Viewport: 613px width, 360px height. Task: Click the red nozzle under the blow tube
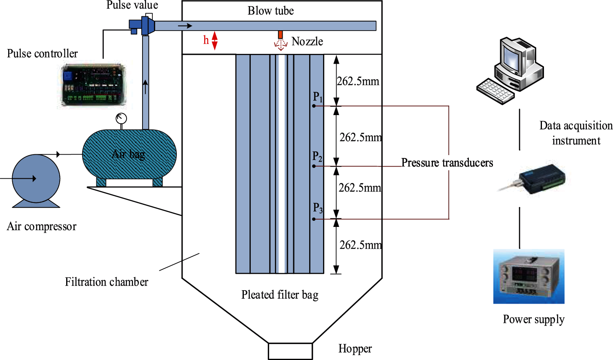[281, 35]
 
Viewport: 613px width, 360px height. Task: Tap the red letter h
[206, 40]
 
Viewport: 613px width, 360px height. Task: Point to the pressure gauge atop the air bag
[121, 119]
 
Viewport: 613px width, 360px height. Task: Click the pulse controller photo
[93, 86]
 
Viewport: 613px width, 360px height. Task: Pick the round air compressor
[36, 179]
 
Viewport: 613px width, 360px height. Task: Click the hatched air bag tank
[129, 154]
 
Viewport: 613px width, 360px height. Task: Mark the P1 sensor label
[318, 97]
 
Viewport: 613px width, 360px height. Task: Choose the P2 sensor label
[317, 157]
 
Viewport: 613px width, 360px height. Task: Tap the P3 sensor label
[318, 208]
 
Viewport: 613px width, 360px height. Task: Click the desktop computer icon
[510, 69]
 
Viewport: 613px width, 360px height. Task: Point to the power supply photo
[529, 277]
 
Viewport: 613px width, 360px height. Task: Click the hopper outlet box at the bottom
[290, 351]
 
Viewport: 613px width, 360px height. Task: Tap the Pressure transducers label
[447, 163]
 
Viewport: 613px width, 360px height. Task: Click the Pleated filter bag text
[280, 295]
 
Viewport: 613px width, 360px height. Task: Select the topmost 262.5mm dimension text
[358, 81]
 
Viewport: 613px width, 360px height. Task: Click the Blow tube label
[271, 11]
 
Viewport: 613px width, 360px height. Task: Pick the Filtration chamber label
[107, 282]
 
